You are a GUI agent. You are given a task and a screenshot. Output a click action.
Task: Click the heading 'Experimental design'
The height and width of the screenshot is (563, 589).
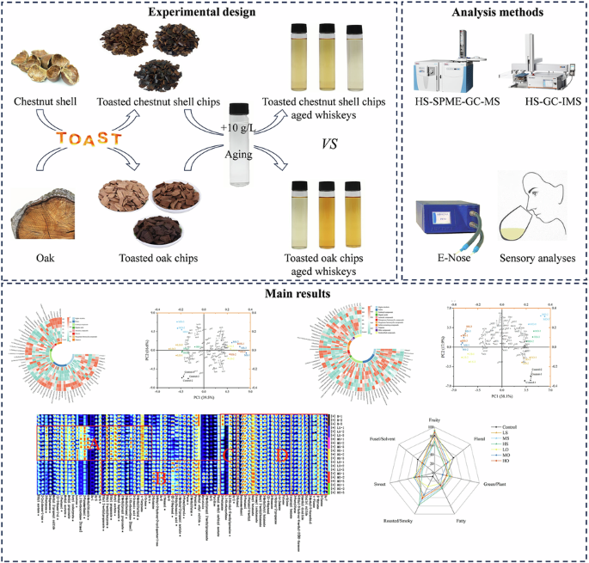(204, 12)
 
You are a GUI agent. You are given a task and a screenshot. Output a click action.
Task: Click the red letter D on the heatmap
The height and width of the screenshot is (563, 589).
(280, 454)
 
